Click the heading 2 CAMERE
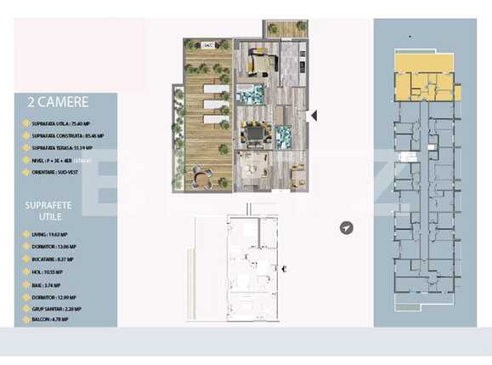pos(59,102)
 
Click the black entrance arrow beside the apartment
pos(313,115)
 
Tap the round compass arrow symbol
pos(346,228)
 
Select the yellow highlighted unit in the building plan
pos(427,84)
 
